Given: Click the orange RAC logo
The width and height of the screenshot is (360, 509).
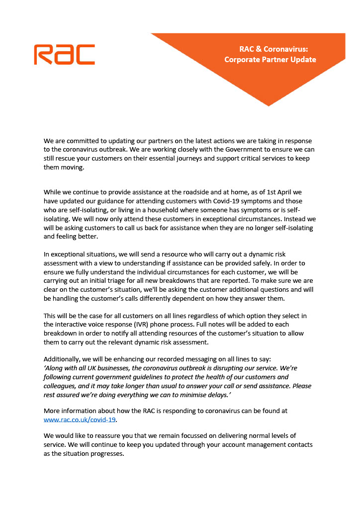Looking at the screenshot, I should (64, 54).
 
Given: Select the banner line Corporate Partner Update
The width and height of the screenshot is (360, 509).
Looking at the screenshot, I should (270, 60).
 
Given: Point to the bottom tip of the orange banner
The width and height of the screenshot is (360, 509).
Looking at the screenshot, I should (269, 105).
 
